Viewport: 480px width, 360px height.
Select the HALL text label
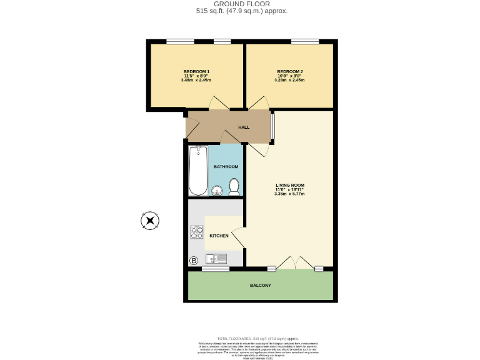(x=244, y=127)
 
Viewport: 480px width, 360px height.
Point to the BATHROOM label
(x=226, y=167)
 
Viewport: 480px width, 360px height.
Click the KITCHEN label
(x=219, y=236)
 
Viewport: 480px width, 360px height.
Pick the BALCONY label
(x=261, y=286)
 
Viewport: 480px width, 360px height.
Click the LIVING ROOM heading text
(x=290, y=185)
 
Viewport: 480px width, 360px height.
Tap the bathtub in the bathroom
(x=197, y=171)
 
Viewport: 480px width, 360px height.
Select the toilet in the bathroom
(x=234, y=186)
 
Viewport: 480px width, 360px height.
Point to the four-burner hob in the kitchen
(x=197, y=232)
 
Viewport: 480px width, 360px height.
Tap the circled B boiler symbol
(x=193, y=260)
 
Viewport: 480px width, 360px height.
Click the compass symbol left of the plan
(x=150, y=220)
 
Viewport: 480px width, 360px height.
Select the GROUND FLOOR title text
(x=241, y=4)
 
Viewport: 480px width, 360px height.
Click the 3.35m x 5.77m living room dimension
(x=289, y=194)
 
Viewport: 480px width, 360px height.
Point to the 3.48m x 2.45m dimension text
(x=196, y=80)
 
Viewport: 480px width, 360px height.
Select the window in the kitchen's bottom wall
(x=215, y=269)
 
